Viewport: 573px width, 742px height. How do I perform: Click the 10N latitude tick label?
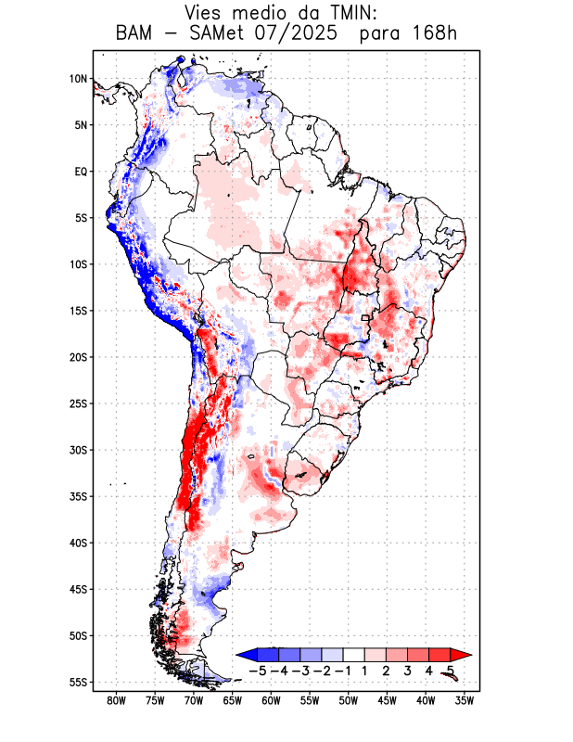78,79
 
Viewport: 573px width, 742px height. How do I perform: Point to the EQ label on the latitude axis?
80,172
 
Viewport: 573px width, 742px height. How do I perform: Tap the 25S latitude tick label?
77,403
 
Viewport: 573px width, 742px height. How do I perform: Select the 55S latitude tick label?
77,683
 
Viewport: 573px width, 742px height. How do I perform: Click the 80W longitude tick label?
117,701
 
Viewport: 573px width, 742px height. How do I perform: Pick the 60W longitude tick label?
271,701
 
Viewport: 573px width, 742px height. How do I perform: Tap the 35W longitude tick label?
465,701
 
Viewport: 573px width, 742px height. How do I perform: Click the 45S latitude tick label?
77,589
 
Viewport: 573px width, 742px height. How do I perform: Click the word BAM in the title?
137,35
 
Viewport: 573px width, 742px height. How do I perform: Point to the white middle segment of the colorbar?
353,654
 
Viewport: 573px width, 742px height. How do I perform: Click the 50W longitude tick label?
349,701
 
